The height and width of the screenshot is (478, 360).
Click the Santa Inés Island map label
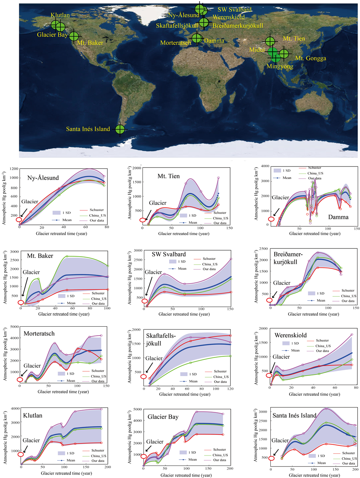click(88, 129)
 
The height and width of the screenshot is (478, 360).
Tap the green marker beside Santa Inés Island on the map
click(120, 130)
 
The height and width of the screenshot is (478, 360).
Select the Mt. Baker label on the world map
click(90, 43)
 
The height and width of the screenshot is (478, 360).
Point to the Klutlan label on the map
click(60, 15)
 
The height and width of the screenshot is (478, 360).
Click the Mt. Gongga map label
click(311, 58)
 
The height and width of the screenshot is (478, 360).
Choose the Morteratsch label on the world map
click(175, 43)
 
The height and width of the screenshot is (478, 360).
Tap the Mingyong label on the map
click(280, 66)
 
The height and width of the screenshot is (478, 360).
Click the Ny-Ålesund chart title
click(43, 178)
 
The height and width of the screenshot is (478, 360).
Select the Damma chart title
click(338, 217)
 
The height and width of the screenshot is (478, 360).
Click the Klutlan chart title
click(32, 415)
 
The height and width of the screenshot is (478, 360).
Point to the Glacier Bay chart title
click(163, 417)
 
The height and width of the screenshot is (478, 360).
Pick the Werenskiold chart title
click(291, 335)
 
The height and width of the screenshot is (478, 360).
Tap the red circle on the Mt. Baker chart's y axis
click(21, 303)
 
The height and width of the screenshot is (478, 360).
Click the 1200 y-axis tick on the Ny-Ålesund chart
click(14, 169)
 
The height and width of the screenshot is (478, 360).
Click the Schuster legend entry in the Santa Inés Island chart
click(348, 453)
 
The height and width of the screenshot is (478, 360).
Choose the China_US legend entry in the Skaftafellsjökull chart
click(220, 376)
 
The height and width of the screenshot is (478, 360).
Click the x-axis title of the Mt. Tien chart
click(184, 233)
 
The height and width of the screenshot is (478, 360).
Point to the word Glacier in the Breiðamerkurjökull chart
click(282, 283)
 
